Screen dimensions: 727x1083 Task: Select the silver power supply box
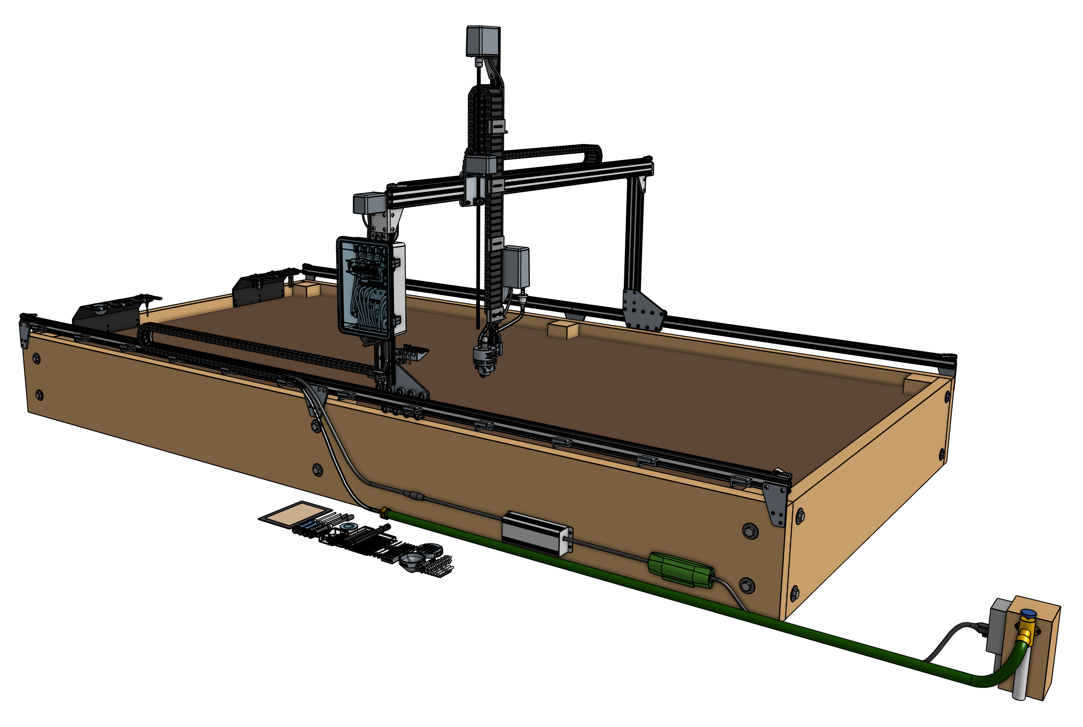click(536, 533)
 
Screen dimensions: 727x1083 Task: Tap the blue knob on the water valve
click(1028, 614)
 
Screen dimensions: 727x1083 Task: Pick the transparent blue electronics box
click(364, 286)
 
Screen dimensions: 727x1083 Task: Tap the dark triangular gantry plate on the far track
click(642, 309)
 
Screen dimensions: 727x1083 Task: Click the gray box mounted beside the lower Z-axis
click(516, 268)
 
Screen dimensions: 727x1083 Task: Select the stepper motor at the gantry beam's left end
click(370, 204)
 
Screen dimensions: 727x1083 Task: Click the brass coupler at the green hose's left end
click(384, 512)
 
